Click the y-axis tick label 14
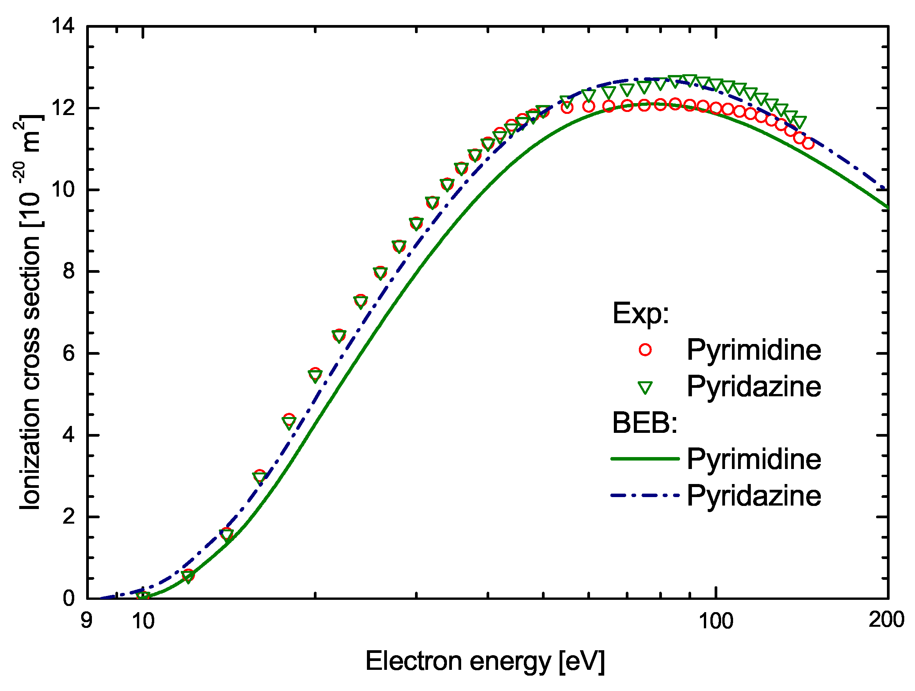click(x=63, y=26)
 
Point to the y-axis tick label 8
click(x=69, y=271)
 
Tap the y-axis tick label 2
click(x=69, y=516)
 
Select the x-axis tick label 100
click(x=716, y=621)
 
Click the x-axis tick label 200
click(x=886, y=619)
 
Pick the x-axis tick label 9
click(x=86, y=620)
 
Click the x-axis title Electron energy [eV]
click(x=485, y=661)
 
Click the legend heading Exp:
click(x=640, y=313)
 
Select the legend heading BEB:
click(x=645, y=422)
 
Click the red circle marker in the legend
click(x=645, y=350)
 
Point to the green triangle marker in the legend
click(x=645, y=387)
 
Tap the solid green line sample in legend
click(x=645, y=459)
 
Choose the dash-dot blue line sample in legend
click(x=645, y=495)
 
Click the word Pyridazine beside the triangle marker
click(x=754, y=387)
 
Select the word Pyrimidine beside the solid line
click(x=754, y=459)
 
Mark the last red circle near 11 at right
click(x=808, y=144)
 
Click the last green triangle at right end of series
click(x=800, y=122)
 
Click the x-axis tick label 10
click(x=143, y=621)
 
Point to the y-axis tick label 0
click(x=69, y=598)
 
